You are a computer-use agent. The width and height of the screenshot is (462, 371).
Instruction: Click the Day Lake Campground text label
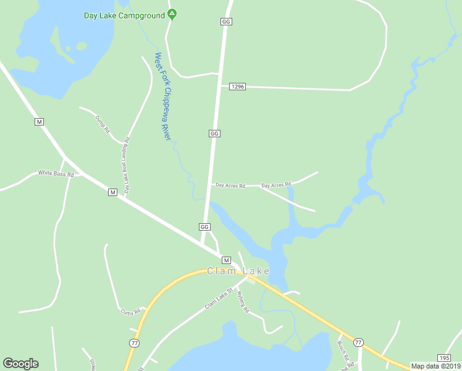point(124,15)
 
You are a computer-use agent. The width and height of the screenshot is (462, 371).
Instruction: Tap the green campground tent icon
point(172,14)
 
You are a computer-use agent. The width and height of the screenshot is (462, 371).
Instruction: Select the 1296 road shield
point(237,87)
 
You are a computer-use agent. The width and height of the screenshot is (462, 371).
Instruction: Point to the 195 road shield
point(444,358)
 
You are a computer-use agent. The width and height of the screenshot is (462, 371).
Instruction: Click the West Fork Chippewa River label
point(162,96)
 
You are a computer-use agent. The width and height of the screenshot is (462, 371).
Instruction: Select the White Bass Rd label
point(56,174)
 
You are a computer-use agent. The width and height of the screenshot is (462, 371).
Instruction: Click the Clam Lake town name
point(238,271)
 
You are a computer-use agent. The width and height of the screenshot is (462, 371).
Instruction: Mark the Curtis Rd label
point(131,311)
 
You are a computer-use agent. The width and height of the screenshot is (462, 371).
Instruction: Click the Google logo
point(20,364)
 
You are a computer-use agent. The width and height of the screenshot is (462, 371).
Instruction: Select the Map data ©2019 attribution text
point(435,366)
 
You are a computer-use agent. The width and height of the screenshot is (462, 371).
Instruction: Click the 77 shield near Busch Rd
point(358,342)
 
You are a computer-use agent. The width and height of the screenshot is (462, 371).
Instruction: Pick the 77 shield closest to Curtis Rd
point(134,342)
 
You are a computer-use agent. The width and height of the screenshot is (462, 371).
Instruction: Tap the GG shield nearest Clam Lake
point(204,227)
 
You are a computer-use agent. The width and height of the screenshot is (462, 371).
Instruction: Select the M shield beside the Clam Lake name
point(225,260)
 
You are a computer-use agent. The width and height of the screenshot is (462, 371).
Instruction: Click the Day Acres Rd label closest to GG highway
point(230,185)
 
